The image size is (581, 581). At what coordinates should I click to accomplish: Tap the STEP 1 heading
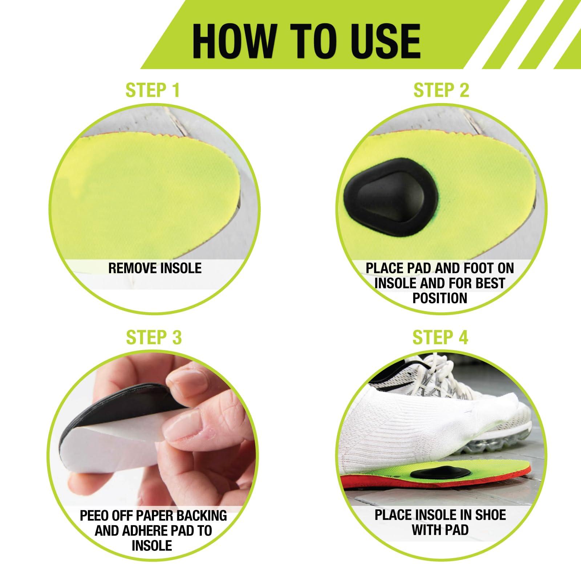(153, 90)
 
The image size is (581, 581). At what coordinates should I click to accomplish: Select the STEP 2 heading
(441, 90)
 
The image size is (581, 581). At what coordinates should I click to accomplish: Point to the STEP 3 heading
(154, 337)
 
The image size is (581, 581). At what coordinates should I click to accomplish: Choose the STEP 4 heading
(440, 337)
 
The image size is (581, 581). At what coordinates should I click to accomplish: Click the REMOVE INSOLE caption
(155, 268)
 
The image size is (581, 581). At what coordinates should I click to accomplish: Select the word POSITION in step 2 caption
(440, 298)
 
